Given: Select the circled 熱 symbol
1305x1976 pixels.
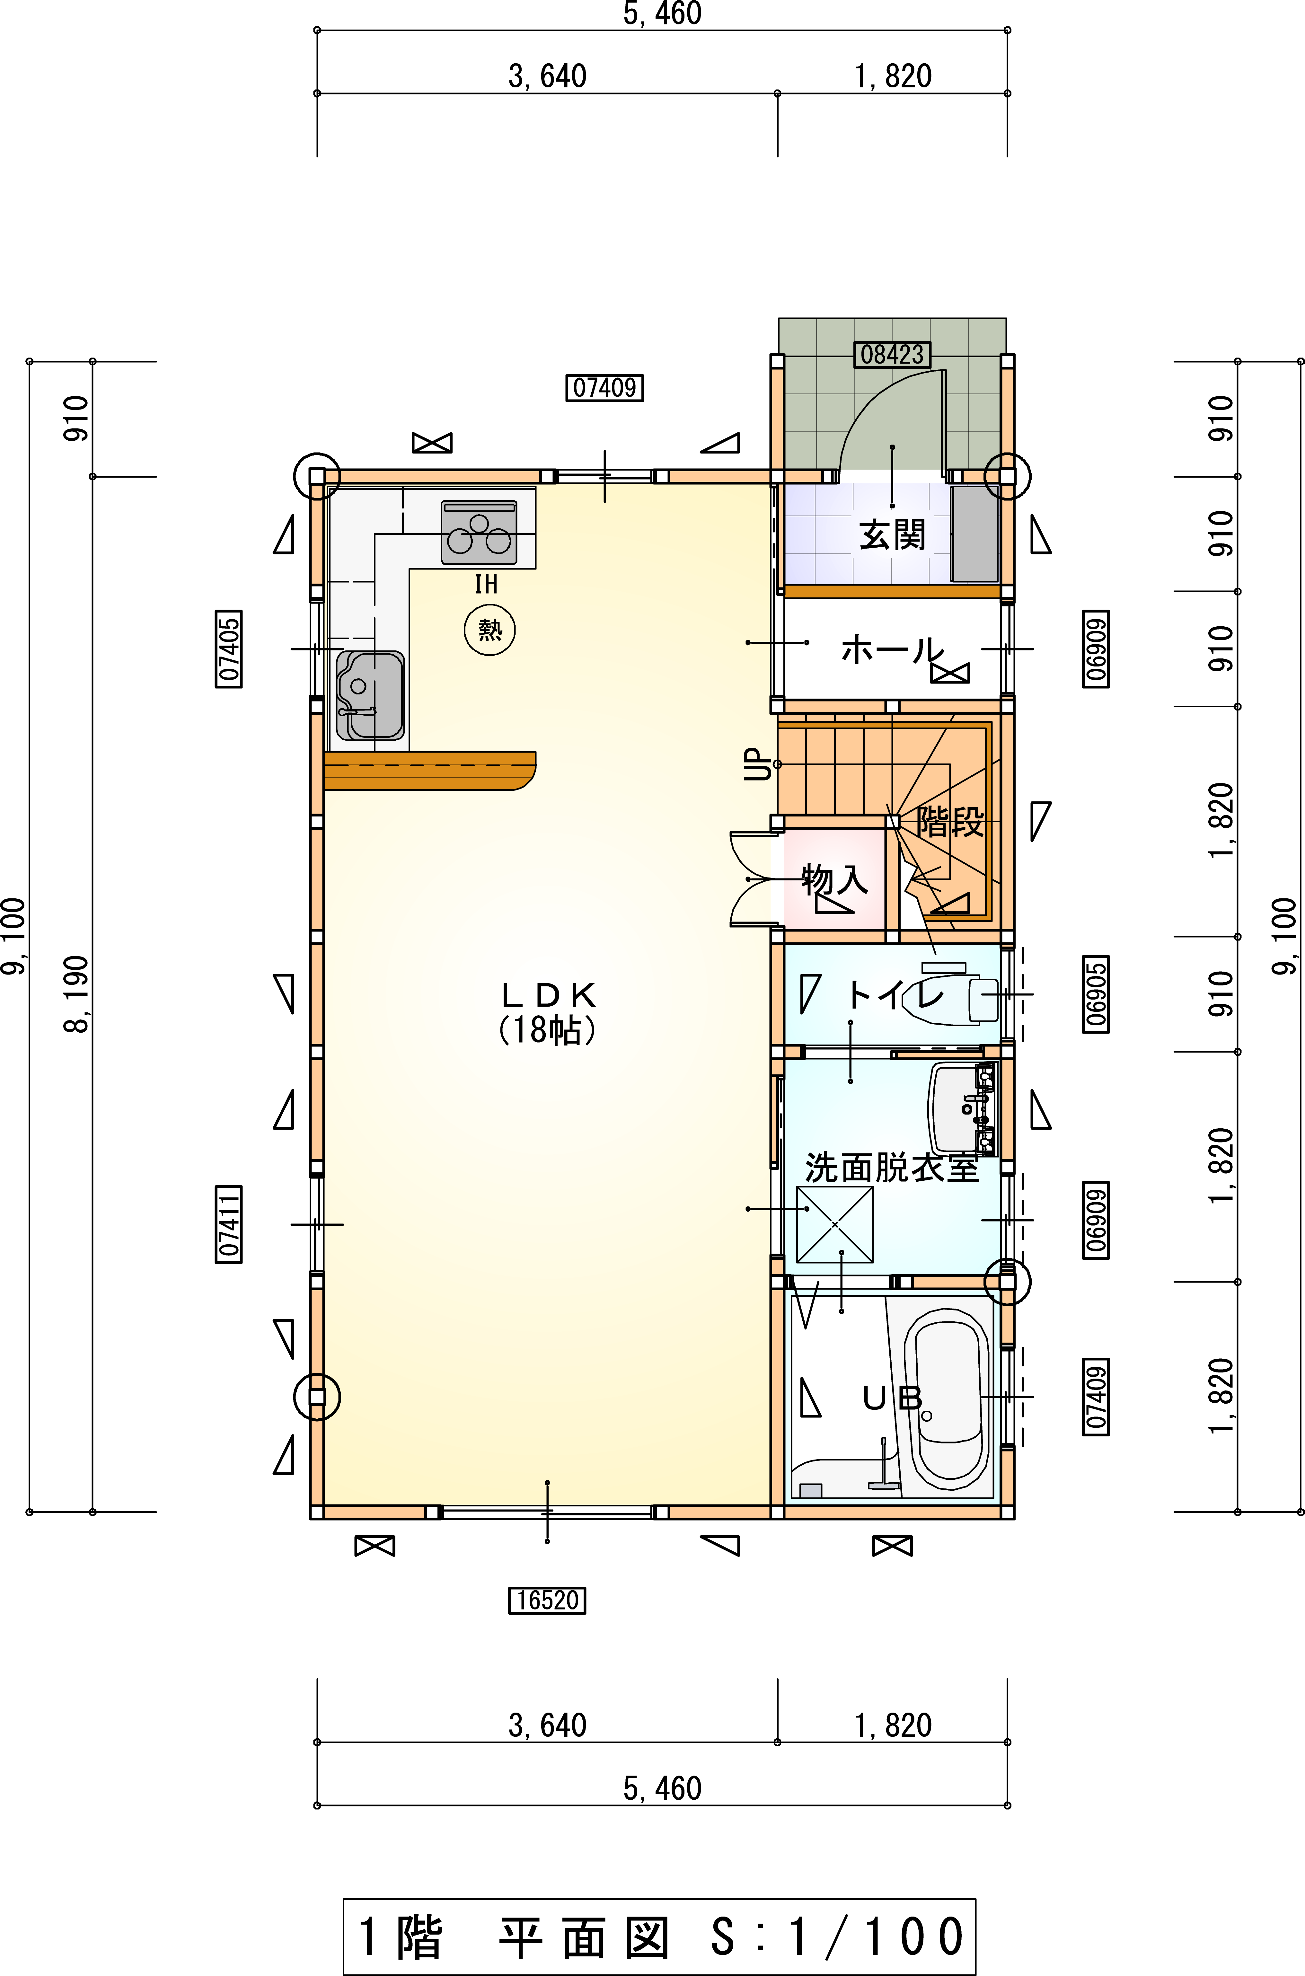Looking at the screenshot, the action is click(x=489, y=630).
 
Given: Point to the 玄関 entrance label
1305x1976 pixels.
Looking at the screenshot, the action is click(x=892, y=534).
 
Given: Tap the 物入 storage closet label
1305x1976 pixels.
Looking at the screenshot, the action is click(x=835, y=879).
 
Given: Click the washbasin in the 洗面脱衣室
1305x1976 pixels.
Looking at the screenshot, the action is click(x=962, y=1107).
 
